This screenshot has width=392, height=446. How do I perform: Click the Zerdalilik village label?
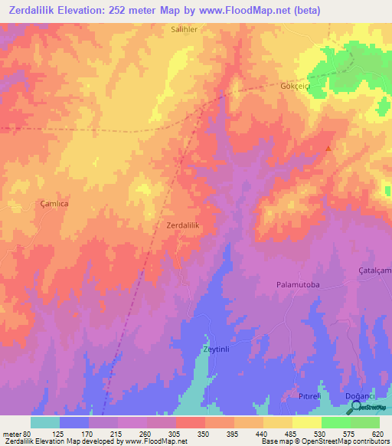tap(183, 225)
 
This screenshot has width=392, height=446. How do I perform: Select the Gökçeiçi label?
tap(294, 87)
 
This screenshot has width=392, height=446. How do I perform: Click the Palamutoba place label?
tap(297, 284)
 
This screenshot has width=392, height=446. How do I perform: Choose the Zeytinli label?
tap(217, 349)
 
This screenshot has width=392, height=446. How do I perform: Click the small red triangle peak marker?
tap(329, 149)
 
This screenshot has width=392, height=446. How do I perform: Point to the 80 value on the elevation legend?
tap(28, 433)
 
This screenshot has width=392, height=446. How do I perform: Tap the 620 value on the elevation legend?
tap(377, 433)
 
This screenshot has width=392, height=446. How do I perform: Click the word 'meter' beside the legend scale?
tap(11, 433)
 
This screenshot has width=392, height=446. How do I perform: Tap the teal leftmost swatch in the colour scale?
tap(44, 422)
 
